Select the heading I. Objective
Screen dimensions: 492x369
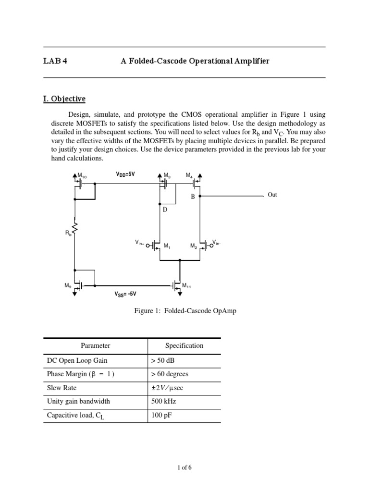64,99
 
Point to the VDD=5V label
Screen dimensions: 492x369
125,175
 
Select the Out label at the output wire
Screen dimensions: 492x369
272,195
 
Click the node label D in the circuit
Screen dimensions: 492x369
164,210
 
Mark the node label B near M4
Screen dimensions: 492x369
192,197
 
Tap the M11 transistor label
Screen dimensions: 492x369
186,286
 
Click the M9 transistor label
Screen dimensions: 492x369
68,285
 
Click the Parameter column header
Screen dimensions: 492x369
95,345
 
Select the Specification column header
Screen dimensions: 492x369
184,345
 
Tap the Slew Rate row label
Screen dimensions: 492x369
61,388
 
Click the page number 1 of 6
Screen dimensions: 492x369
184,467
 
